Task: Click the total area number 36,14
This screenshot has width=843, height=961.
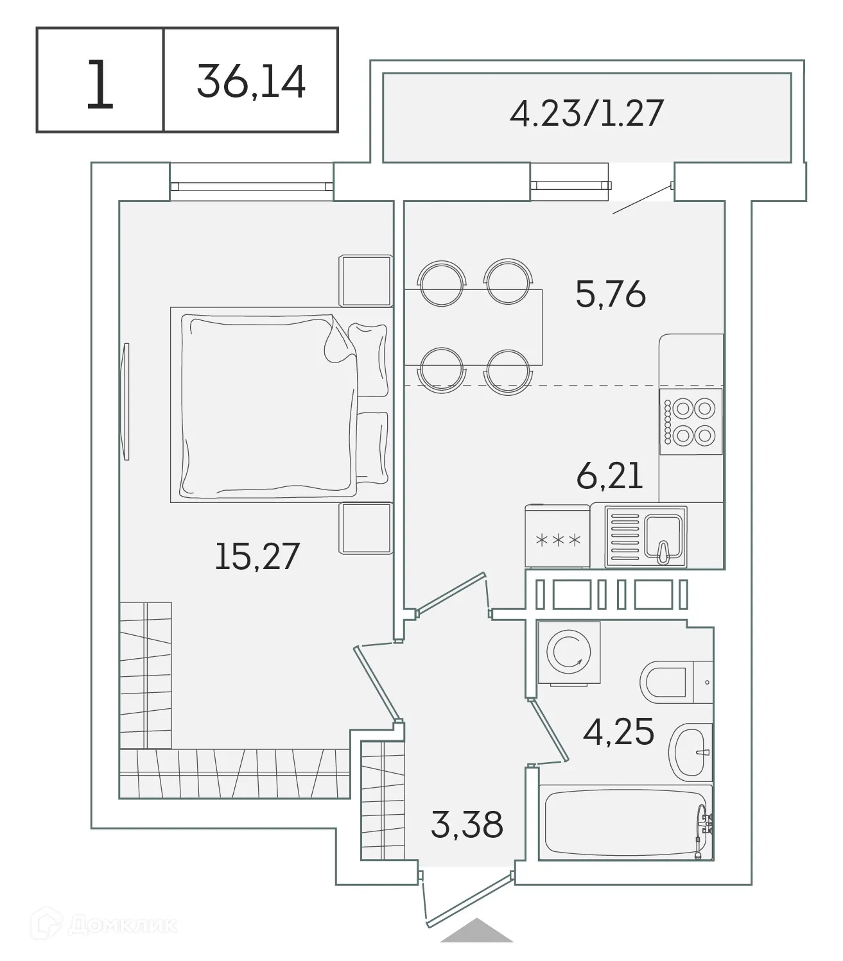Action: coord(251,81)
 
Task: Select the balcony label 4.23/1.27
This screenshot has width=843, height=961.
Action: coord(586,114)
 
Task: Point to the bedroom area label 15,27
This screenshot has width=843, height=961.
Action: coord(257,556)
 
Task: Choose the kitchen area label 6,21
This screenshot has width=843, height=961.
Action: coord(609,477)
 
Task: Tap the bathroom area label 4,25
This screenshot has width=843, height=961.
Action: coord(618,731)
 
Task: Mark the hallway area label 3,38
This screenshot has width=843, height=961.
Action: coord(467,824)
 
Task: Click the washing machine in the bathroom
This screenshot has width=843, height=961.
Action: coord(568,654)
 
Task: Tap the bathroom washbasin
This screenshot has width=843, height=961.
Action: coord(690,751)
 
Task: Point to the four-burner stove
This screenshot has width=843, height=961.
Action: coord(691,421)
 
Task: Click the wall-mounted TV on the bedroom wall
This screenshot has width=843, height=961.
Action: coord(126,401)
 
